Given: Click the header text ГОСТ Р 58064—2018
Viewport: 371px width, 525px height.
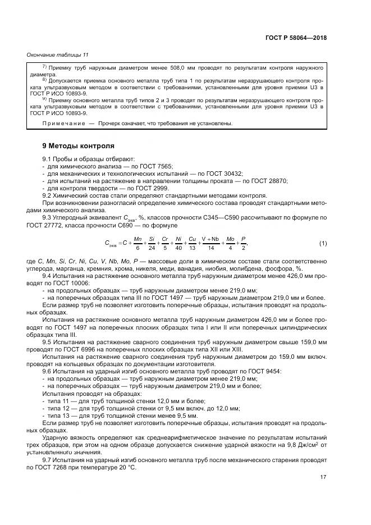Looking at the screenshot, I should [296, 38].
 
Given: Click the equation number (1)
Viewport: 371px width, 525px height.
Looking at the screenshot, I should [323, 227].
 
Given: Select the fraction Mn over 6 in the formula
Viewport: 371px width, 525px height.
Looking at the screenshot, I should [138, 227].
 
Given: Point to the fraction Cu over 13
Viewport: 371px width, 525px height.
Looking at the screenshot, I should [192, 227].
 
